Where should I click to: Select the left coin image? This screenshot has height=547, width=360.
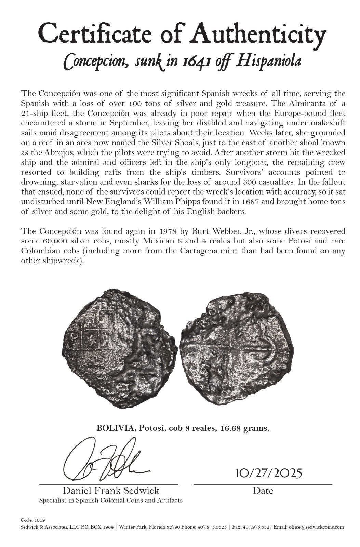click(x=121, y=349)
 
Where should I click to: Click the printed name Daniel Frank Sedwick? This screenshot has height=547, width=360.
click(x=111, y=491)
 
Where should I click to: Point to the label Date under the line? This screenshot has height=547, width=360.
click(x=263, y=491)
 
